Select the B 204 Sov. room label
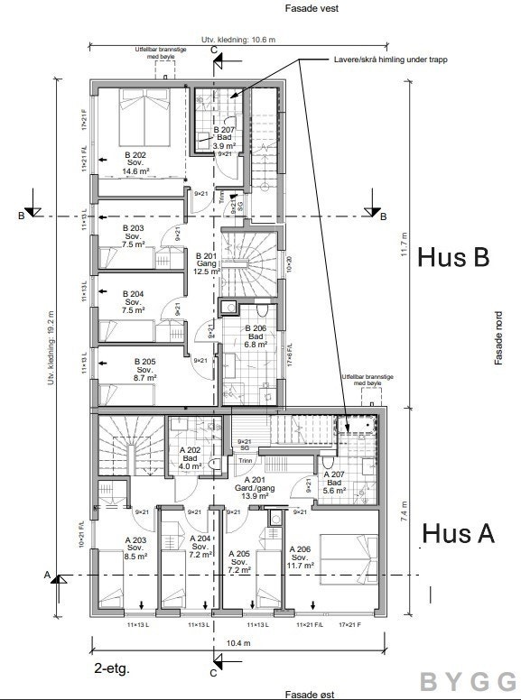pos(133,300)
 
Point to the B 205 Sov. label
pos(144,369)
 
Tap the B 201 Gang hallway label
pos(207,262)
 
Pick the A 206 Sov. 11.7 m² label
pos(300,557)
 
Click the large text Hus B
pos(453,257)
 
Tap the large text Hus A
pos(458,533)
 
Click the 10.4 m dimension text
pos(238,643)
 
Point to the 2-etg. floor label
pos(111,668)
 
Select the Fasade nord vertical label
pos(498,341)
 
